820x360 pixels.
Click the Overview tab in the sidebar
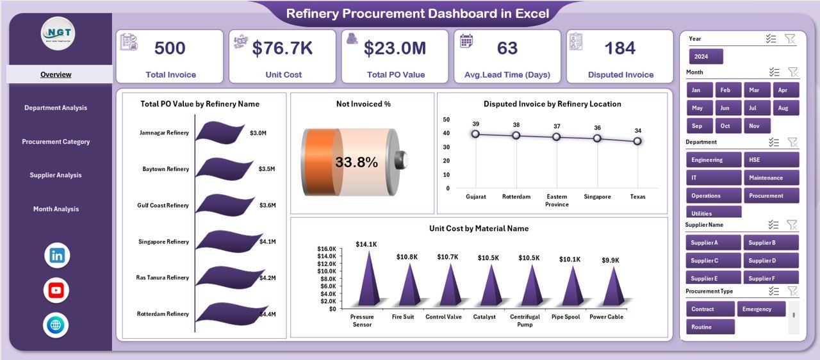[x=56, y=74]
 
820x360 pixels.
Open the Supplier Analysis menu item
[x=56, y=175]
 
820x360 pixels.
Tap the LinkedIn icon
[x=56, y=256]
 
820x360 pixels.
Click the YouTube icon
[x=56, y=290]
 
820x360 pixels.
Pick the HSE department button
[x=771, y=160]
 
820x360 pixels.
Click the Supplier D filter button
[x=771, y=261]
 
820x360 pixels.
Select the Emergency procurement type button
[x=760, y=309]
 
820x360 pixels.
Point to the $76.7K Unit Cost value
[x=282, y=49]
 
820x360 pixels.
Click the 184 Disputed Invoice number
[x=619, y=49]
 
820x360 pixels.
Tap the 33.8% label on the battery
[x=356, y=163]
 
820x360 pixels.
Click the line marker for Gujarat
[x=475, y=134]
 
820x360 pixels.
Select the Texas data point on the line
[x=637, y=141]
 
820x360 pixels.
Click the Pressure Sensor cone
[x=368, y=279]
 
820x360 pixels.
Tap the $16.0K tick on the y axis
[x=327, y=249]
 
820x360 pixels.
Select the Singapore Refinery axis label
[x=164, y=241]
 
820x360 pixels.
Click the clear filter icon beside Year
[x=791, y=39]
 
